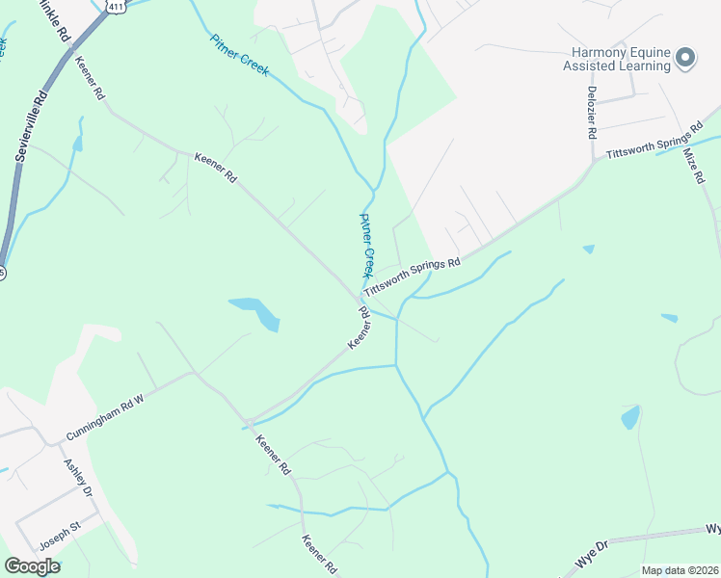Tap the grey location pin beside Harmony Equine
685,59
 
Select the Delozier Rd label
591,112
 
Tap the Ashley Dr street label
77,478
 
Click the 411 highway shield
116,6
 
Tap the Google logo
32,566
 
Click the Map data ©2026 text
679,570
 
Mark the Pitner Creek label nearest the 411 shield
239,54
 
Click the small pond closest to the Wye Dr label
630,417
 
